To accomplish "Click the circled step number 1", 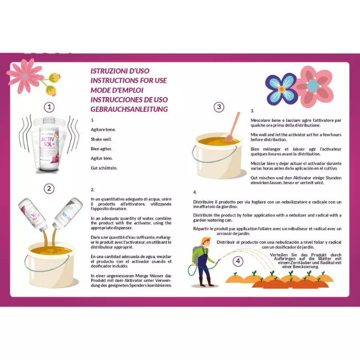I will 49,107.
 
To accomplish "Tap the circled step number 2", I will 49,188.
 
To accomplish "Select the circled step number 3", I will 219,107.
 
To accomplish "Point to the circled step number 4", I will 237,261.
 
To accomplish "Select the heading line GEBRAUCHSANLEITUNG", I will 129,110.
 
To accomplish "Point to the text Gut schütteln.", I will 103,168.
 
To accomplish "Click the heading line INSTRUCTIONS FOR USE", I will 129,81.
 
